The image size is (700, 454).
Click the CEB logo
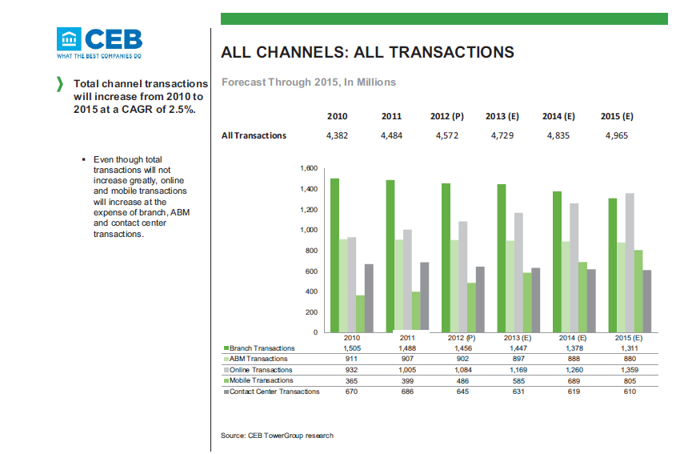click(x=99, y=42)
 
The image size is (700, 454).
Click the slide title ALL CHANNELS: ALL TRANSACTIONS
click(x=367, y=53)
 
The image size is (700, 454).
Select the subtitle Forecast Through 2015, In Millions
click(x=309, y=82)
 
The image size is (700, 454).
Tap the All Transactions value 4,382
click(x=338, y=135)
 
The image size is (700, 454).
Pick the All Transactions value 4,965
click(x=615, y=135)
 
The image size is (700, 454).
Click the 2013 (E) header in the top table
click(x=502, y=116)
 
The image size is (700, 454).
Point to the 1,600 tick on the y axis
click(x=309, y=169)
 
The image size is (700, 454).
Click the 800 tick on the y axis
click(x=312, y=251)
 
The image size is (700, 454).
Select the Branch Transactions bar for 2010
click(x=335, y=255)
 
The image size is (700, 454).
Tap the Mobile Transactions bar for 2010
click(x=361, y=313)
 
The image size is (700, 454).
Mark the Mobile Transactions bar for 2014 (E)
click(x=583, y=296)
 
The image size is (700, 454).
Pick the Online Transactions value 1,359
click(x=630, y=370)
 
